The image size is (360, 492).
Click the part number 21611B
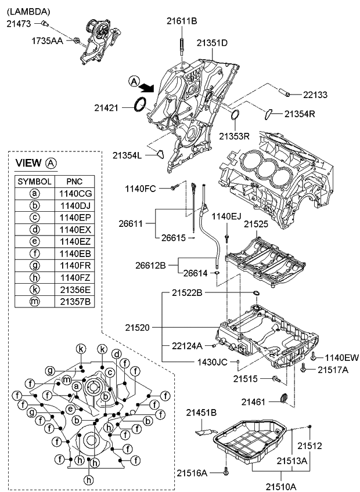(x=182, y=21)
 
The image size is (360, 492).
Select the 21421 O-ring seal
(x=140, y=106)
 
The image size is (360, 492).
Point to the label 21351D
(x=211, y=43)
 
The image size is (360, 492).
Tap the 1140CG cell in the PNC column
(x=74, y=193)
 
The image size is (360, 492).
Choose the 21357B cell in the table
(x=74, y=302)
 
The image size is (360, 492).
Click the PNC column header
(x=74, y=180)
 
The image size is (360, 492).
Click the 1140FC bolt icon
(x=174, y=189)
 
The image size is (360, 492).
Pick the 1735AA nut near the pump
(x=76, y=41)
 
